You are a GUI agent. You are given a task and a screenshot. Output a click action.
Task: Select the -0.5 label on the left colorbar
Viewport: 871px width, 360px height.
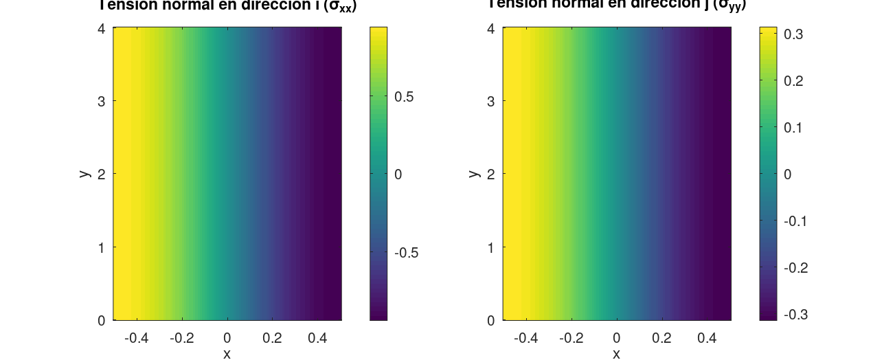coord(407,253)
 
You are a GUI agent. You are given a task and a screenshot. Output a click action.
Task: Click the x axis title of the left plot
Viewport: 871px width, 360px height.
coord(227,353)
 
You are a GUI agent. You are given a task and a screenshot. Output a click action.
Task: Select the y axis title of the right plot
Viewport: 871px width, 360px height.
coord(473,173)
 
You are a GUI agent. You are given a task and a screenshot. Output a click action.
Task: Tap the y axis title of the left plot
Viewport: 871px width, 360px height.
coord(84,173)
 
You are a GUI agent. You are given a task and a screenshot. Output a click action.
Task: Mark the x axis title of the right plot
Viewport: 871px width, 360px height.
coord(617,353)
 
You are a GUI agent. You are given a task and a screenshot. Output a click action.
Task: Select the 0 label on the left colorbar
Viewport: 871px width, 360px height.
coord(398,175)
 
